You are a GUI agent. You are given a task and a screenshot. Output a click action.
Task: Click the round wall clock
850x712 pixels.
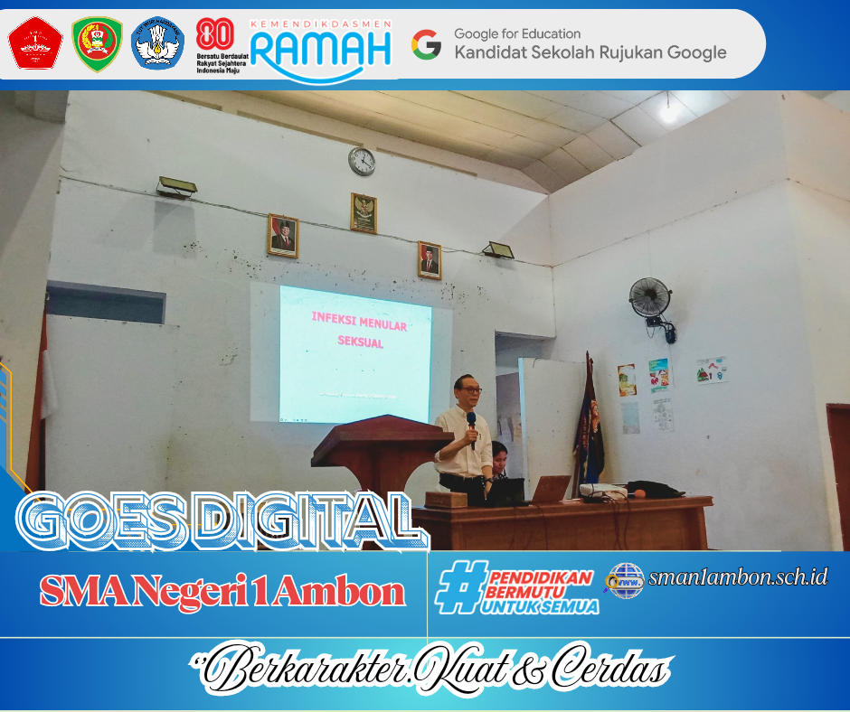pos(362,161)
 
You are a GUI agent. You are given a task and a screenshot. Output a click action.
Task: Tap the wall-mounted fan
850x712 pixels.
pos(650,297)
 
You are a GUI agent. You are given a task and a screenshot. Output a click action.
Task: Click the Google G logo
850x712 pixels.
pos(427,43)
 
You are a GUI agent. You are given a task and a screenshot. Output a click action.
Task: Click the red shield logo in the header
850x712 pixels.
pos(35,43)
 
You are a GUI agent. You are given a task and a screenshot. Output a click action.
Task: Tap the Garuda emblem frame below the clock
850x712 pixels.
pos(364,212)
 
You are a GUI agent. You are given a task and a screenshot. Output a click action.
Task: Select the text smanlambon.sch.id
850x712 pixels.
pos(738,576)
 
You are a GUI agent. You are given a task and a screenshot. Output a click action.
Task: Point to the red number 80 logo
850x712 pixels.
pos(214,33)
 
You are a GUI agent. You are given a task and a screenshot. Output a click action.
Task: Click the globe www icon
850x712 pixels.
pos(625,579)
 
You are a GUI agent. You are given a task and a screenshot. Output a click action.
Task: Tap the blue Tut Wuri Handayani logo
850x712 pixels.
pos(158,43)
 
